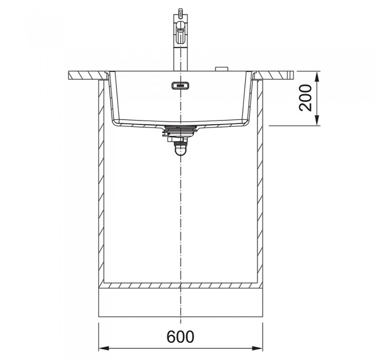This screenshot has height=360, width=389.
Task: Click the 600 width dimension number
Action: click(180, 336)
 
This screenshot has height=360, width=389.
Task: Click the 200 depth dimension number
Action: click(305, 98)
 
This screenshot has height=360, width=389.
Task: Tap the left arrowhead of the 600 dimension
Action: click(104, 349)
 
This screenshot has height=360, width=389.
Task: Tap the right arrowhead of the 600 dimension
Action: click(257, 349)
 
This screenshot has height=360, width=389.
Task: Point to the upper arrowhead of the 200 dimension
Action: click(317, 77)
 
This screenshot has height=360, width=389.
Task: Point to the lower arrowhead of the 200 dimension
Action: click(317, 120)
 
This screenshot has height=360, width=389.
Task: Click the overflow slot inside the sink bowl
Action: click(180, 86)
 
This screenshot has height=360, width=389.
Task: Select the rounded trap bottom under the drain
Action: click(180, 151)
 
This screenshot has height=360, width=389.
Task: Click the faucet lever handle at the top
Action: click(181, 32)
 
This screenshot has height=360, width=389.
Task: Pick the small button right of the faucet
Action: click(221, 69)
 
